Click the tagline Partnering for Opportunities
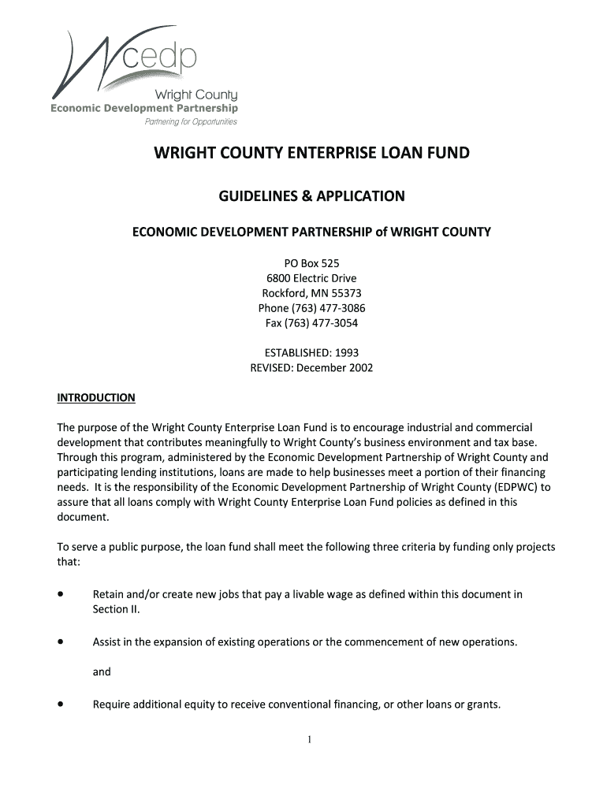coord(190,122)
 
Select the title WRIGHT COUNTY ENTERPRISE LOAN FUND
coord(311,153)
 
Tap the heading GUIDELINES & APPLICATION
coord(311,195)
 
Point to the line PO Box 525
coord(311,264)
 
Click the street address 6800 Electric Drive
coord(311,278)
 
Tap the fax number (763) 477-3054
coord(322,322)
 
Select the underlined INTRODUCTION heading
coord(96,397)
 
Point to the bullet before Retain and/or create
coord(60,594)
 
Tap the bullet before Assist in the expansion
coord(60,642)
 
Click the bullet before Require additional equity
coord(60,704)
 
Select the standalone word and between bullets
coord(102,672)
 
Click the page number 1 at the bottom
coord(311,739)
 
